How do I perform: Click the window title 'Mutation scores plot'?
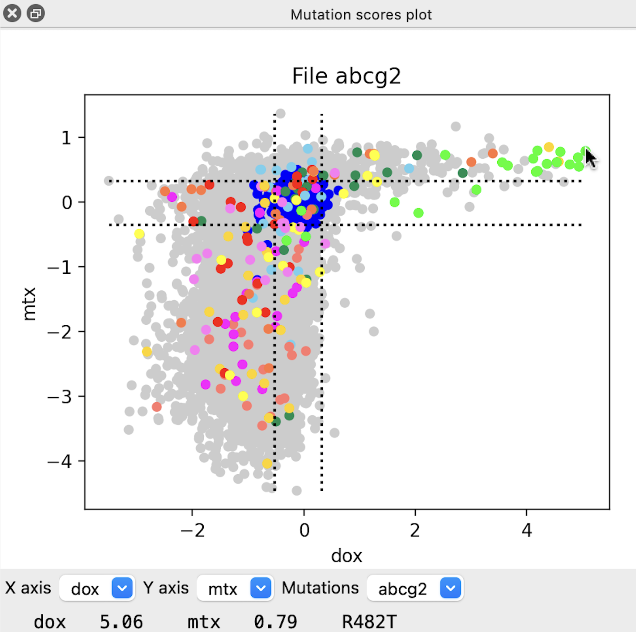[361, 15]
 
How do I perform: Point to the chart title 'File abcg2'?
[346, 76]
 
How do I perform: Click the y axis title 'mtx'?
[29, 304]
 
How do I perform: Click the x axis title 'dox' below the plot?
[346, 556]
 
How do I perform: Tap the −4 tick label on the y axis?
[60, 461]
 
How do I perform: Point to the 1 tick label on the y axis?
[66, 138]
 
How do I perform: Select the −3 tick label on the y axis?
[60, 397]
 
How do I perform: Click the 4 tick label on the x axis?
[527, 530]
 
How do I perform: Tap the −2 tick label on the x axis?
[192, 530]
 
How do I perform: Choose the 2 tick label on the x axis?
[415, 530]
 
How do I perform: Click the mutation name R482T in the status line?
[369, 622]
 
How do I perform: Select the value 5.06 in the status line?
[121, 622]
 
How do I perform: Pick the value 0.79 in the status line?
[275, 622]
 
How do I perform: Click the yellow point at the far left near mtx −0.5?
[139, 234]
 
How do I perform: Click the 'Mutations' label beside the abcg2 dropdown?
[320, 588]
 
